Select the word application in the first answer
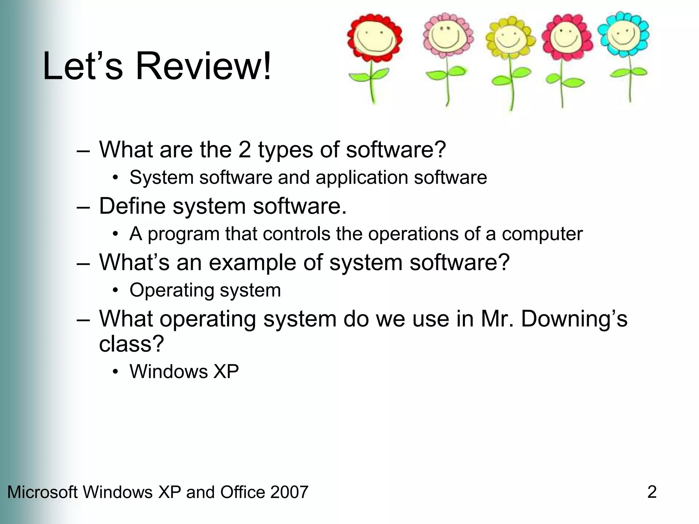[x=361, y=178]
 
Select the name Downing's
[x=574, y=319]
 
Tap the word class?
[x=131, y=344]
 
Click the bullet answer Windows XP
[x=184, y=372]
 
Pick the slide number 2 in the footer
[x=652, y=492]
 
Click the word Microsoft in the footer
[x=42, y=492]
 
